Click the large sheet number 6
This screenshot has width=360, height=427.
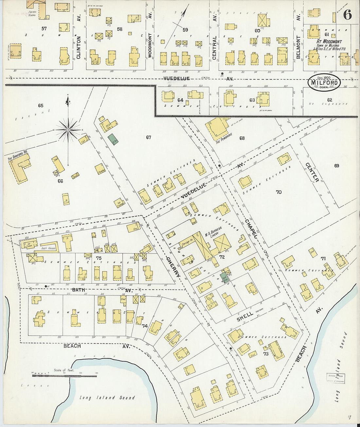click(x=348, y=15)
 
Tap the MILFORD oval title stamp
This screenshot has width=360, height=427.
click(x=324, y=82)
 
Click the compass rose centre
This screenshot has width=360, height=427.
click(x=68, y=130)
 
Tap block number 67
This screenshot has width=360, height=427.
click(x=149, y=137)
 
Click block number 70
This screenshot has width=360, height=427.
click(x=279, y=192)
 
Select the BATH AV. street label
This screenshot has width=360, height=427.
click(x=79, y=290)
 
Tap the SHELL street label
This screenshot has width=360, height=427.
click(x=244, y=316)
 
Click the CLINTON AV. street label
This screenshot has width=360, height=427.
click(x=79, y=47)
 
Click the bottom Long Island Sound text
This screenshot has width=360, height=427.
click(x=107, y=398)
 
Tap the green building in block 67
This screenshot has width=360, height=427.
click(x=113, y=139)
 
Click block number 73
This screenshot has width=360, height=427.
click(x=266, y=354)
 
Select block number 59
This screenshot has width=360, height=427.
click(x=185, y=30)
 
